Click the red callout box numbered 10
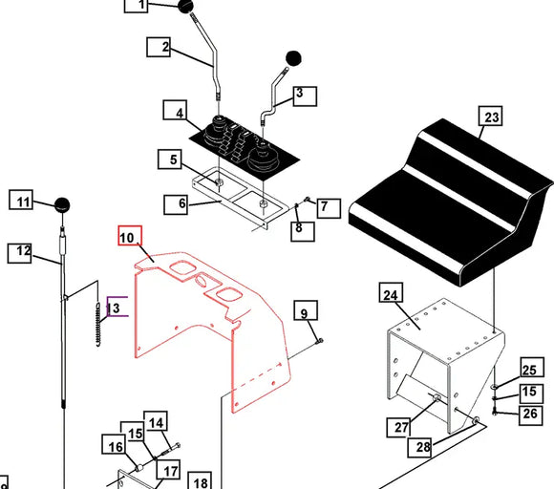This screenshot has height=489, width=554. (130, 236)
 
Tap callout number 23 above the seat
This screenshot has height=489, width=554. (491, 116)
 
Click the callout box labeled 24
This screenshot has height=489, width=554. (391, 292)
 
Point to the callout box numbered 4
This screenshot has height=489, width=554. (175, 110)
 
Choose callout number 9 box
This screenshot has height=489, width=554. (306, 310)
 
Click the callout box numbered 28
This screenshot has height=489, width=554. (419, 447)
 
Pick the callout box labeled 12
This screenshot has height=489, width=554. (19, 253)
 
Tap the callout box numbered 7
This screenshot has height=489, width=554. (329, 208)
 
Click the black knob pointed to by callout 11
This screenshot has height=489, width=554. (62, 205)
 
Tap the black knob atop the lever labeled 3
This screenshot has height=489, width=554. (293, 58)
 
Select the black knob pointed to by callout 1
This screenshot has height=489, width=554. (185, 7)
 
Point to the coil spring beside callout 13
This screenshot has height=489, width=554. (98, 324)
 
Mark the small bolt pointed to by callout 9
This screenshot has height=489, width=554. (320, 341)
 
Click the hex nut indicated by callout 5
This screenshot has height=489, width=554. (219, 182)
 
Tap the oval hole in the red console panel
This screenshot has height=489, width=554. (202, 281)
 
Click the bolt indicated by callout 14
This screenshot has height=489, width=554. (171, 450)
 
